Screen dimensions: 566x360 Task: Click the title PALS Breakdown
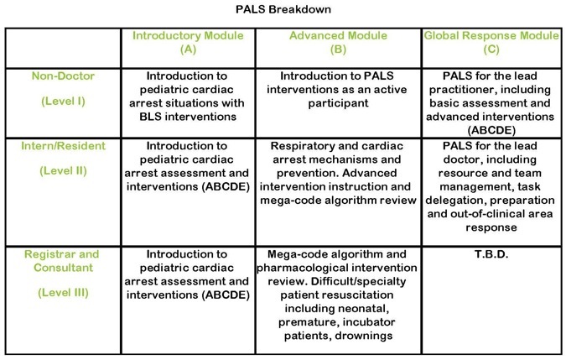pos(283,9)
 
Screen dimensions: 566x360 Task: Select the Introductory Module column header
pos(188,42)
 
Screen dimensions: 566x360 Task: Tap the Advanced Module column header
pos(338,42)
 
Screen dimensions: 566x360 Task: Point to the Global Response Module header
pos(491,42)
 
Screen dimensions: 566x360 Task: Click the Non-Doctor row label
pos(63,76)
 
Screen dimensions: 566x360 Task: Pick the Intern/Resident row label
pos(63,146)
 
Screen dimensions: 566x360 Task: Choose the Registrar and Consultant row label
pos(62,261)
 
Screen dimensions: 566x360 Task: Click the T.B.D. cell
pos(491,254)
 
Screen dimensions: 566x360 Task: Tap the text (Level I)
pos(63,101)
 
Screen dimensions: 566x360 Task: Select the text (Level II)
pos(63,171)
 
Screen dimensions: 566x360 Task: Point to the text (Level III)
pos(63,293)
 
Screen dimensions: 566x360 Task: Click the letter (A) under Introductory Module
pos(188,50)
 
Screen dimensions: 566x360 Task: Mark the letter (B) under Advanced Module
pos(338,50)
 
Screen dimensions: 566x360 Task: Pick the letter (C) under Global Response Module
pos(491,50)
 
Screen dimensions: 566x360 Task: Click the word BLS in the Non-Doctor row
pos(151,117)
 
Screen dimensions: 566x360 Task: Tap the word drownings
pos(364,336)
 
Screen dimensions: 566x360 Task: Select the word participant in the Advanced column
pos(338,103)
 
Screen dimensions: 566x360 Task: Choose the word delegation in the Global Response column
pos(456,201)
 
